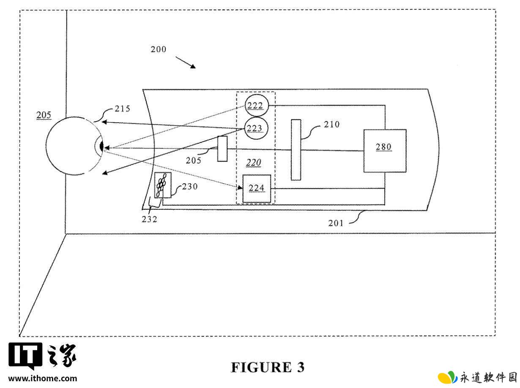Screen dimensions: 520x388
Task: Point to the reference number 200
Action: click(x=158, y=50)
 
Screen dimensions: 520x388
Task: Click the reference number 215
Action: click(x=123, y=109)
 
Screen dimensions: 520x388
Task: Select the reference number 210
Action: click(x=332, y=124)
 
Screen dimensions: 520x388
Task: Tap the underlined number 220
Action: click(x=254, y=162)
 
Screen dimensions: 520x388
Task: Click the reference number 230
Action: click(x=190, y=187)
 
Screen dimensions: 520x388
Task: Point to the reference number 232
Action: click(x=149, y=219)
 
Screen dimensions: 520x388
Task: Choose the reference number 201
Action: click(x=336, y=223)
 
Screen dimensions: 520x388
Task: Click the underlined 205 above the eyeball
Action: click(x=44, y=115)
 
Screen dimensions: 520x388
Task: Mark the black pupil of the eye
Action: click(x=101, y=146)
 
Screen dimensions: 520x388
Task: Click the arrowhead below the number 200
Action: click(x=193, y=66)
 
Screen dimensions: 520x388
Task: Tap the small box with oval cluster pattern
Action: click(x=162, y=185)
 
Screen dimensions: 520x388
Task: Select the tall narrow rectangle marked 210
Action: click(x=296, y=150)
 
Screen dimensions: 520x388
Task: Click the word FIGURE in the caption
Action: click(x=261, y=367)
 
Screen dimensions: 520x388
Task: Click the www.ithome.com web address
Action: click(x=43, y=378)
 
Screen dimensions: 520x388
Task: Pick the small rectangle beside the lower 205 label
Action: click(x=222, y=149)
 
